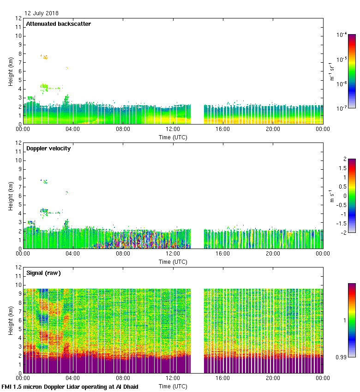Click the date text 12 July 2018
click(x=42, y=13)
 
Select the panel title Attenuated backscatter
click(x=58, y=24)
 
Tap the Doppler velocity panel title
click(x=48, y=148)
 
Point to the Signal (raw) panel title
click(x=43, y=273)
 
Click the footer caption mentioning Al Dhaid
click(x=70, y=386)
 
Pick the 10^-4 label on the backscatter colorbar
click(x=342, y=35)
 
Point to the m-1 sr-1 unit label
click(x=332, y=71)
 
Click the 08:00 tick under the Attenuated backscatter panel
click(x=123, y=129)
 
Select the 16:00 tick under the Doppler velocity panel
click(x=222, y=254)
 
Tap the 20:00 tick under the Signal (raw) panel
click(x=273, y=378)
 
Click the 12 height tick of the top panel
click(x=18, y=18)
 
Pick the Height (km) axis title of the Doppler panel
click(x=11, y=196)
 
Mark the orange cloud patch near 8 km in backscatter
click(x=45, y=57)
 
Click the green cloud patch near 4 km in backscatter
click(x=45, y=86)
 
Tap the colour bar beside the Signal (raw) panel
click(x=352, y=320)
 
